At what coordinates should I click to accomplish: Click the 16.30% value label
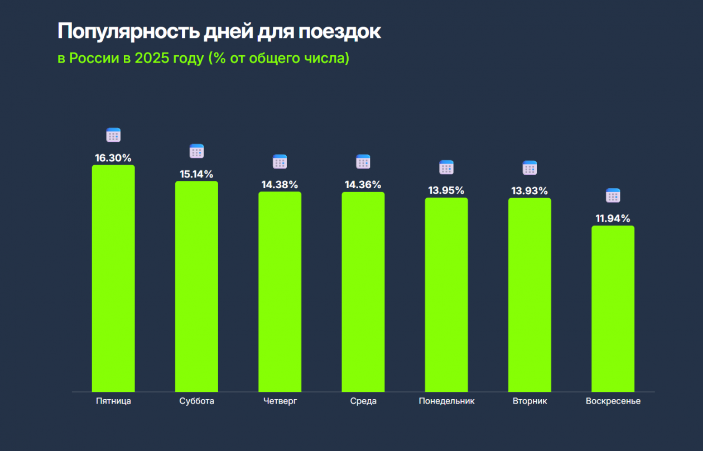(x=113, y=158)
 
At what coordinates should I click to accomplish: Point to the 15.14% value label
(x=196, y=174)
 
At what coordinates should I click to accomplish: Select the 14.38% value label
(x=280, y=185)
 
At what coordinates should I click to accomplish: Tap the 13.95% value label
(x=446, y=190)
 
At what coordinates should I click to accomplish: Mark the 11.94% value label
(x=613, y=218)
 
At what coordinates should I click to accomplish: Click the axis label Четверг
(x=280, y=401)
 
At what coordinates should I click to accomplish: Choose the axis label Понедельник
(x=446, y=401)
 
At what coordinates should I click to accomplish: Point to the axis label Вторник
(x=529, y=401)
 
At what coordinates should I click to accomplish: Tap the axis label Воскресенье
(x=613, y=401)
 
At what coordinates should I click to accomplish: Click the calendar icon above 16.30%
(x=113, y=135)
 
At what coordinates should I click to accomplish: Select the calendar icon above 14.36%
(x=363, y=162)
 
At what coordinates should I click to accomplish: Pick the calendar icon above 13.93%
(x=529, y=167)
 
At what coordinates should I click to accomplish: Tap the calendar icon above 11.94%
(x=613, y=195)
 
